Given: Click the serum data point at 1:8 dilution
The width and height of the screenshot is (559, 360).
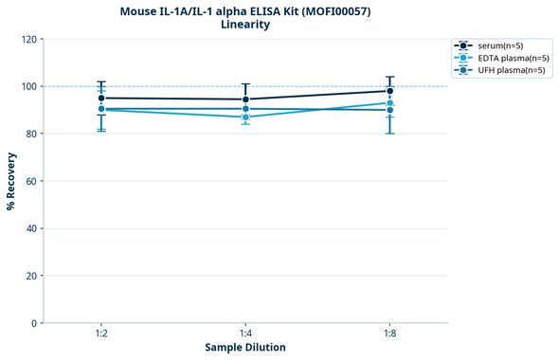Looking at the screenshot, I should coord(389,91).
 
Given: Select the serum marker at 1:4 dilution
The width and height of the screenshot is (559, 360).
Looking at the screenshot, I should coord(245,99).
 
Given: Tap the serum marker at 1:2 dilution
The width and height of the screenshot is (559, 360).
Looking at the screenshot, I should coord(101,98).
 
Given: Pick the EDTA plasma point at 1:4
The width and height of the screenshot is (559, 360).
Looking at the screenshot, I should coord(245,117).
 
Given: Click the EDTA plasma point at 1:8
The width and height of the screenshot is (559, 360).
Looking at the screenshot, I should coord(389,103).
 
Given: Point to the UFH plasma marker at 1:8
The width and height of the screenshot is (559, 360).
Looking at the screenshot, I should coord(389,110).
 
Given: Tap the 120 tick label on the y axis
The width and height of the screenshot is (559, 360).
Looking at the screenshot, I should coord(28,39).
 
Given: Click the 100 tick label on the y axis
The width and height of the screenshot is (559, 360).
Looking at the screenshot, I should coord(28,86).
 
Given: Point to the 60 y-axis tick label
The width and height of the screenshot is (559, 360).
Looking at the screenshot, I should coord(31,181).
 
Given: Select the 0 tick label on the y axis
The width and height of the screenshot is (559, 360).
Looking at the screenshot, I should coord(34,323).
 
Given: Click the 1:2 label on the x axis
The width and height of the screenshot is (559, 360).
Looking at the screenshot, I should coord(101,333).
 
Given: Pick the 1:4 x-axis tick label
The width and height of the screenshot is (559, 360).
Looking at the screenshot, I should coord(245,333).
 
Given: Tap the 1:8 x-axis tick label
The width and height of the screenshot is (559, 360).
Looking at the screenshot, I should coord(389,333).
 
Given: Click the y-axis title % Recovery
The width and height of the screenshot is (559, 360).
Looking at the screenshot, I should coord(11,181).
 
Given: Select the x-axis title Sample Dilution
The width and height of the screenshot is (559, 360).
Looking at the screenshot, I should coord(245,348).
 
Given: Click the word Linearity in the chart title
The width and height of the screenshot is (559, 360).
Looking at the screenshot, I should coord(244,25).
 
